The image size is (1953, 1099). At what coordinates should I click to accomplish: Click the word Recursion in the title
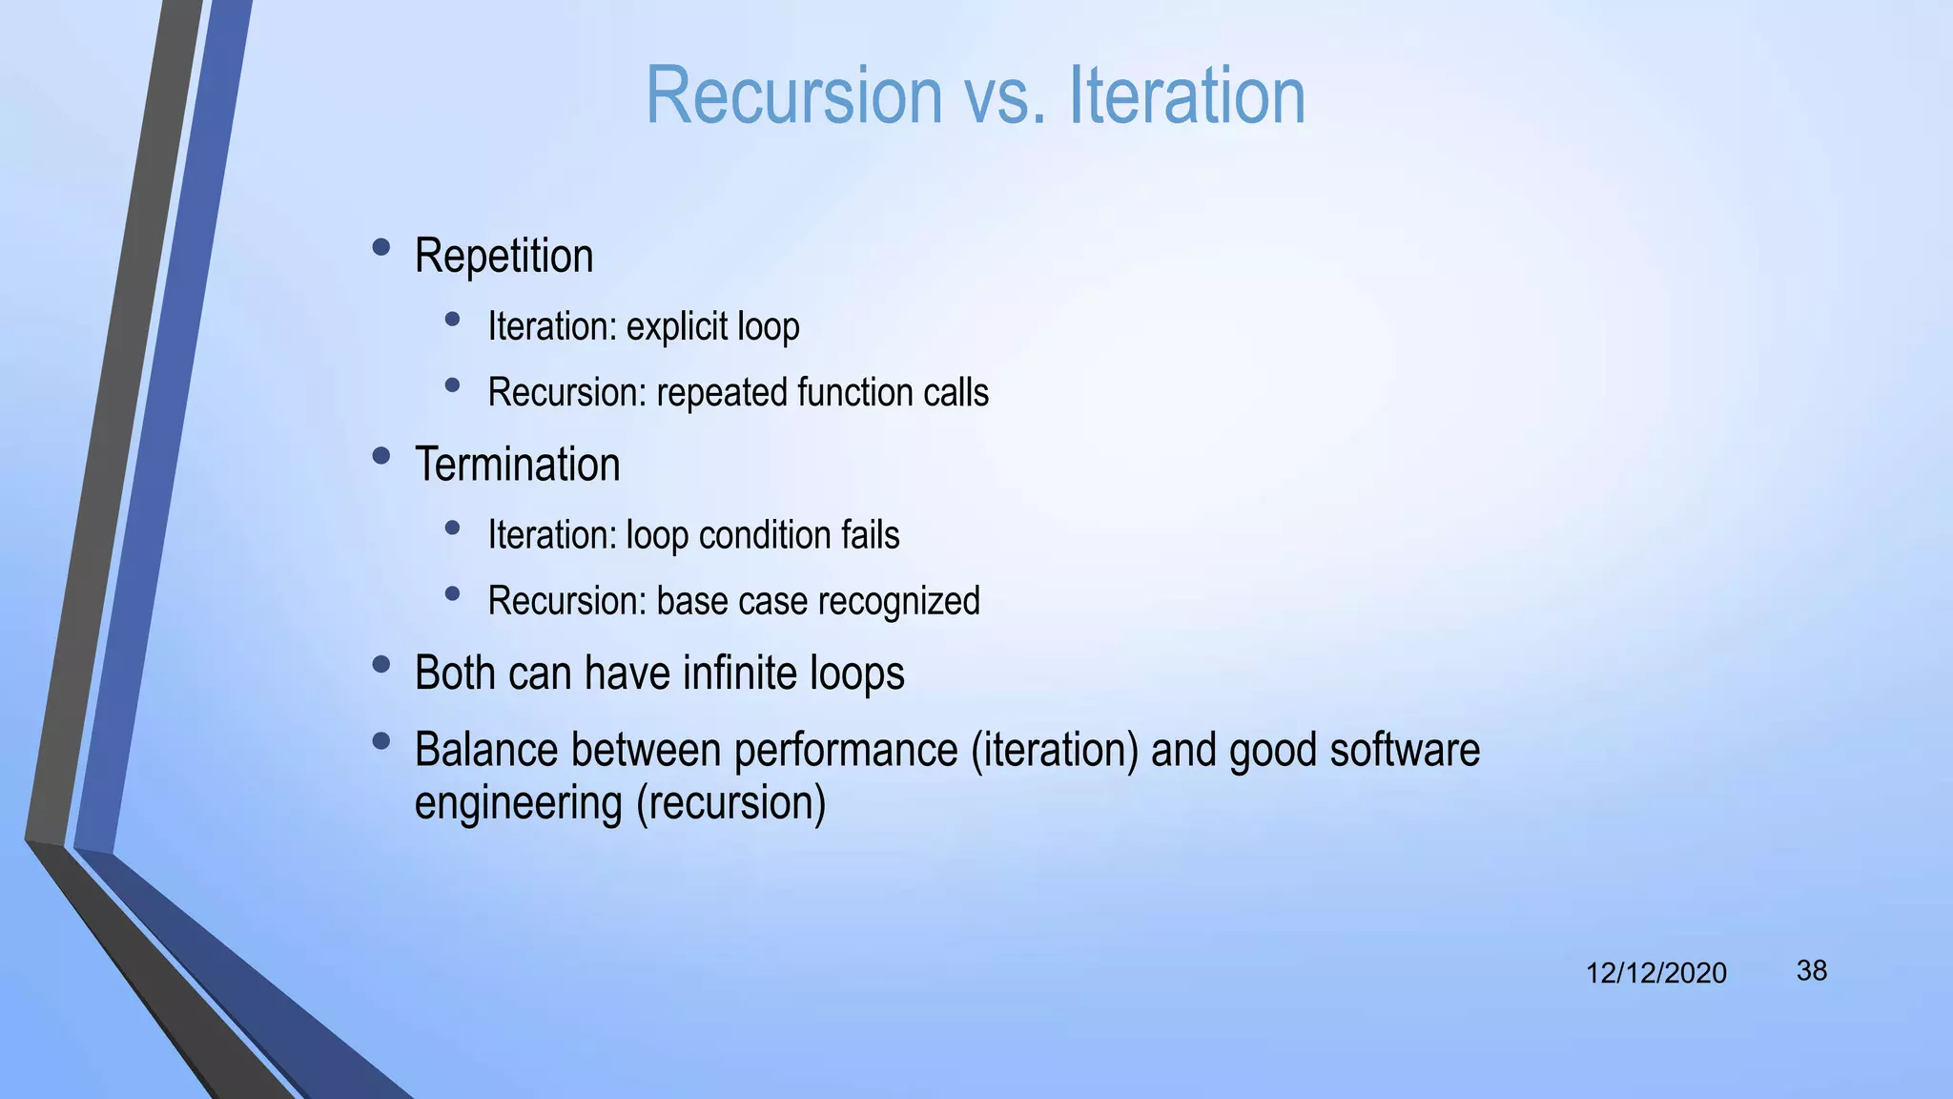click(x=793, y=95)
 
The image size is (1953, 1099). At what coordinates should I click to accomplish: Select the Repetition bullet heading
click(x=504, y=257)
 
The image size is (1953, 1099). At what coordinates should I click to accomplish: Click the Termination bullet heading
click(x=517, y=466)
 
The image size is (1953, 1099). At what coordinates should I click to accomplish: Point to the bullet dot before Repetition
click(x=381, y=248)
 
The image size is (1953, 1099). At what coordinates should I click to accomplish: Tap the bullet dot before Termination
click(x=381, y=456)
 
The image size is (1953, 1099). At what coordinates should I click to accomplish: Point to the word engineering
click(x=518, y=804)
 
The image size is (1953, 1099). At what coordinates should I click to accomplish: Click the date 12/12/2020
click(x=1655, y=973)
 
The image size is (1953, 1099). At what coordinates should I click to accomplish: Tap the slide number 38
click(x=1811, y=971)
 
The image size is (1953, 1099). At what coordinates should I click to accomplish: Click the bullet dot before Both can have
click(x=381, y=664)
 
